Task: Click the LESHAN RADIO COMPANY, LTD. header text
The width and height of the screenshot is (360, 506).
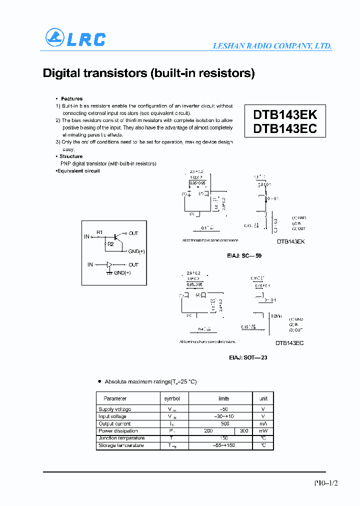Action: point(272,45)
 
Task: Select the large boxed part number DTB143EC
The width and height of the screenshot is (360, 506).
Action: point(285,128)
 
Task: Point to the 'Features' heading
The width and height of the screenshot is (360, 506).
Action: point(71,99)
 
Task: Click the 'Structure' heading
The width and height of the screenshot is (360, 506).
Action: point(71,156)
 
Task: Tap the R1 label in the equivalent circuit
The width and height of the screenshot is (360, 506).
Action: point(99,232)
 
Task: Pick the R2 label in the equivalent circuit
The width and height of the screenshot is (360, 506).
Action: point(111,244)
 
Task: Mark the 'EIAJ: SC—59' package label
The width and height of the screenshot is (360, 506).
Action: point(245,255)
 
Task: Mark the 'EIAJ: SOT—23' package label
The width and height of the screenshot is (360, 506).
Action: point(244,358)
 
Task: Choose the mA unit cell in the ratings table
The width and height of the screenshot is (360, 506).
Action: point(263,423)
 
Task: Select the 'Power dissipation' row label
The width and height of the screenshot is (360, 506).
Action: point(118,430)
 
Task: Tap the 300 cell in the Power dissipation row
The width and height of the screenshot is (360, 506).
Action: point(244,430)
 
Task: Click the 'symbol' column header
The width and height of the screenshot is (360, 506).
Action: point(172,398)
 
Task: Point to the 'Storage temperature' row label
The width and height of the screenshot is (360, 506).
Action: point(121,445)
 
